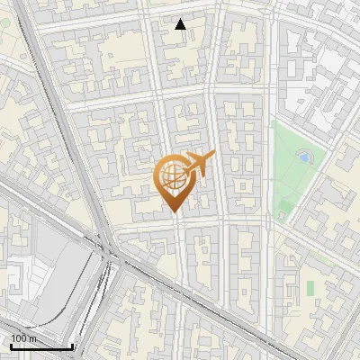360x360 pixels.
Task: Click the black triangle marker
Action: (x=181, y=24)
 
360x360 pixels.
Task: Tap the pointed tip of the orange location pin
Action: (x=173, y=212)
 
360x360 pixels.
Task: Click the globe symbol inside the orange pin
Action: (x=172, y=175)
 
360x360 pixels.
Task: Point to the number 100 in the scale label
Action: (x=17, y=338)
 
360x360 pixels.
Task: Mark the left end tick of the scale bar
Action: (x=10, y=346)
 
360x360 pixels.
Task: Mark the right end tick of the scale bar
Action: (x=73, y=346)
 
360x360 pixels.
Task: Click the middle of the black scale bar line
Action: (x=41, y=346)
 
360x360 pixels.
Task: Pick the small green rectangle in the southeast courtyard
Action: (x=310, y=287)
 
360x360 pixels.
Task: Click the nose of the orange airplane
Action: (x=213, y=155)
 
